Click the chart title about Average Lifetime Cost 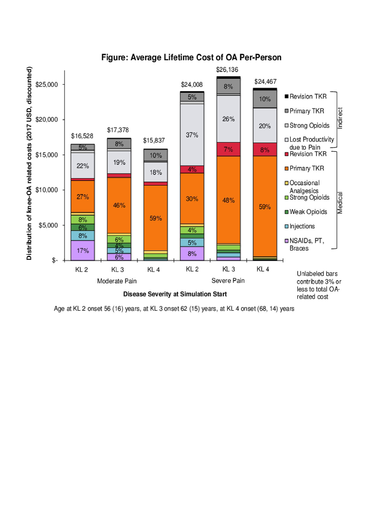click(191, 58)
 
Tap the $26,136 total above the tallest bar click(227, 70)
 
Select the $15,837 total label click(154, 141)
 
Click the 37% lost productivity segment click(192, 135)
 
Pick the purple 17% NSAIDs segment click(83, 250)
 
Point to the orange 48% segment click(228, 200)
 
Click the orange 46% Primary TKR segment click(119, 205)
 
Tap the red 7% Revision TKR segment click(228, 149)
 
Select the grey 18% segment click(156, 172)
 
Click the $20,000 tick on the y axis click(46, 119)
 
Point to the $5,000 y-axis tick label click(48, 225)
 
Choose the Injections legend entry click(302, 226)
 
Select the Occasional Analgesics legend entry click(304, 187)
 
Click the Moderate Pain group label click(117, 281)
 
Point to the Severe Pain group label click(228, 281)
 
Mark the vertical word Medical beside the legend click(340, 203)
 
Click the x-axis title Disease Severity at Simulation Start click(175, 294)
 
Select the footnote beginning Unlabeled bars click(319, 285)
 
